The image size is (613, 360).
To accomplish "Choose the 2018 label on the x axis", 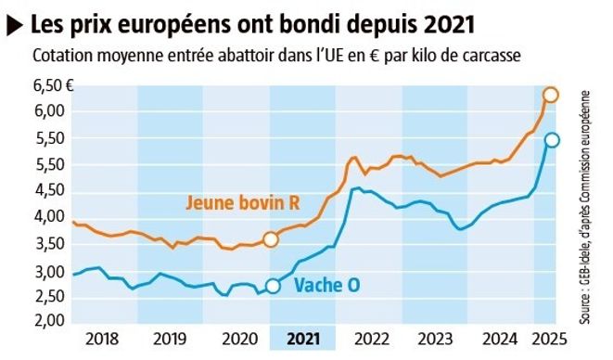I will [x=104, y=340].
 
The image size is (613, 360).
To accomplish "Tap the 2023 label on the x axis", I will [x=434, y=340].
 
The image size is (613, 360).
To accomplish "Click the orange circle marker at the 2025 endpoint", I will [x=551, y=95].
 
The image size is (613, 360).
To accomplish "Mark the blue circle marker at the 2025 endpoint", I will [x=551, y=140].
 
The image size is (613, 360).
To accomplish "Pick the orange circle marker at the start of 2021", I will [x=271, y=239].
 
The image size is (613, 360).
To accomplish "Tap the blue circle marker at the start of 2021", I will [x=272, y=286].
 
